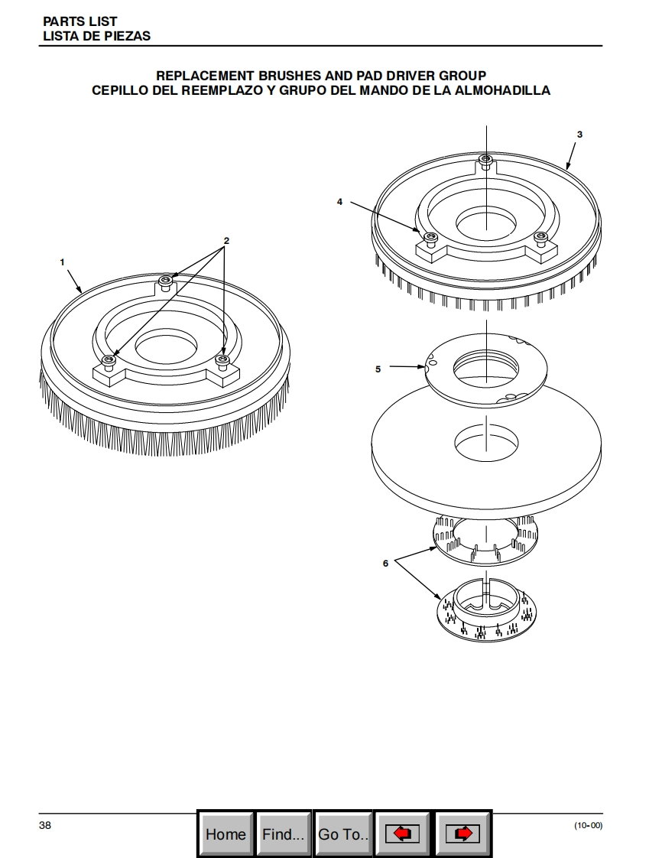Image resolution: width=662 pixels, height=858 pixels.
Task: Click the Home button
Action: pyautogui.click(x=226, y=834)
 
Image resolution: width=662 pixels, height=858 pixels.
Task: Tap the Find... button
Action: pyautogui.click(x=284, y=834)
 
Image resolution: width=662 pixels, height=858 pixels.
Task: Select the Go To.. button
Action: pyautogui.click(x=343, y=834)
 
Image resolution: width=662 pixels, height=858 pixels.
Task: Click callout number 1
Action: pyautogui.click(x=63, y=262)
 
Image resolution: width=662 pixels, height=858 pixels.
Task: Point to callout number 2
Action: pyautogui.click(x=226, y=240)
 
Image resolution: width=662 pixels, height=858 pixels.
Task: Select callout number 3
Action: pyautogui.click(x=579, y=134)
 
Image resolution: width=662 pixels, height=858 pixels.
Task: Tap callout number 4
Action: pyautogui.click(x=339, y=202)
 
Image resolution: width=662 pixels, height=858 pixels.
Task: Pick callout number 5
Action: pyautogui.click(x=378, y=369)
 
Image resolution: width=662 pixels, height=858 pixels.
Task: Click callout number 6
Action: pyautogui.click(x=385, y=563)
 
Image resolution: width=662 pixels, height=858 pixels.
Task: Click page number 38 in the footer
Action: pyautogui.click(x=45, y=825)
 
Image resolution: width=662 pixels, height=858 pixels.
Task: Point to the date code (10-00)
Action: pyautogui.click(x=588, y=825)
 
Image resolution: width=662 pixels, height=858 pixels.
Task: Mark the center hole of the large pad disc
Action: pyautogui.click(x=486, y=443)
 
